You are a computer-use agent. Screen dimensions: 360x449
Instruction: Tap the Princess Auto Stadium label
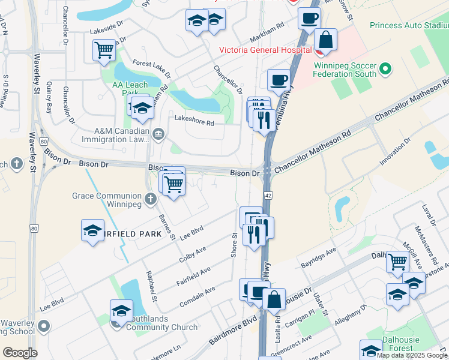[409, 26]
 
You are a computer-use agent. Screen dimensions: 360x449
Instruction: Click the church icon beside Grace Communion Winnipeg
[151, 197]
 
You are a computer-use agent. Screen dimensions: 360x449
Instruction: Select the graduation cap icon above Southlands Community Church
[121, 311]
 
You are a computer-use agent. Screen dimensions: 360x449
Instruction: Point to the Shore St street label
[235, 245]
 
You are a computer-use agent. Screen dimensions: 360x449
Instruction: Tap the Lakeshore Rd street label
[194, 122]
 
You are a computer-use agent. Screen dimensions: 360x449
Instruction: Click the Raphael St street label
[152, 286]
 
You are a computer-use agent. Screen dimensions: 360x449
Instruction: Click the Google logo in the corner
[20, 353]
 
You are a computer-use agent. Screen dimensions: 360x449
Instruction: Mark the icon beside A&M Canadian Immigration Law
[158, 133]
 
